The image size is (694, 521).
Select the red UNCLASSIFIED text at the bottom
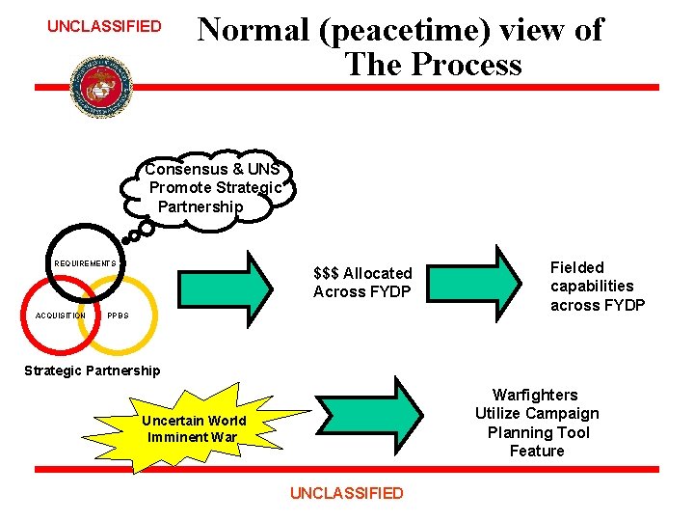(346, 493)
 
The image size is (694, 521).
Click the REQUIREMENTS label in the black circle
(85, 263)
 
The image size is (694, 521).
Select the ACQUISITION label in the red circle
(60, 315)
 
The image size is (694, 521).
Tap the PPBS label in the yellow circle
(118, 315)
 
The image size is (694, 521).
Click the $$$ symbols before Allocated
(326, 273)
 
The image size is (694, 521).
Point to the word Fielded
(576, 267)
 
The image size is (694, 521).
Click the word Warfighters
(535, 395)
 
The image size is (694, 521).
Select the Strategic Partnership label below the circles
(93, 370)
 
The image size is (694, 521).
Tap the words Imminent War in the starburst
(193, 437)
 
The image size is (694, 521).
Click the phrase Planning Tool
(538, 432)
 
